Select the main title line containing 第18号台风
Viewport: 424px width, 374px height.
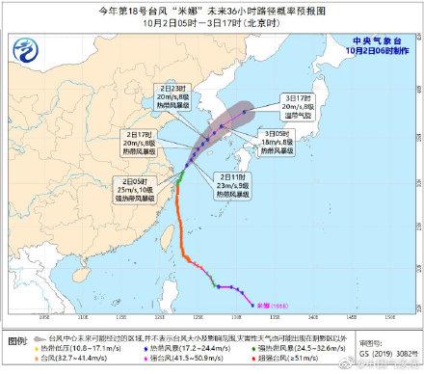(x=211, y=10)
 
